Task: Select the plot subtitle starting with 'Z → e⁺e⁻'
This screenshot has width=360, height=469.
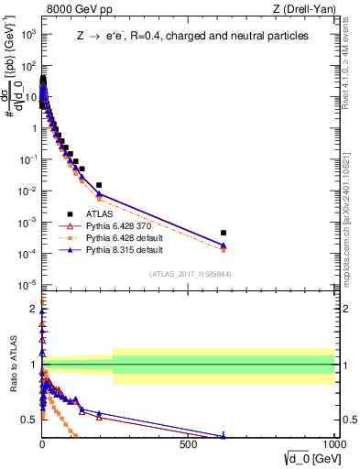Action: [x=193, y=36]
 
